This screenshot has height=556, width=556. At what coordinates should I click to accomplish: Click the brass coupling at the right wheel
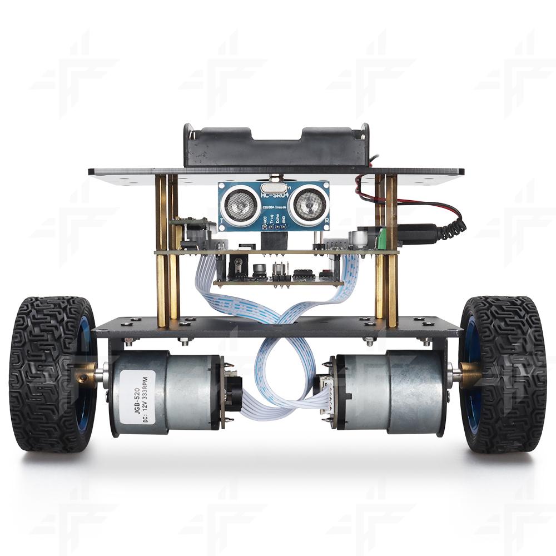pyautogui.click(x=470, y=372)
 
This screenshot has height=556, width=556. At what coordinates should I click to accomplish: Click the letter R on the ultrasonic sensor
pyautogui.click(x=327, y=220)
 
